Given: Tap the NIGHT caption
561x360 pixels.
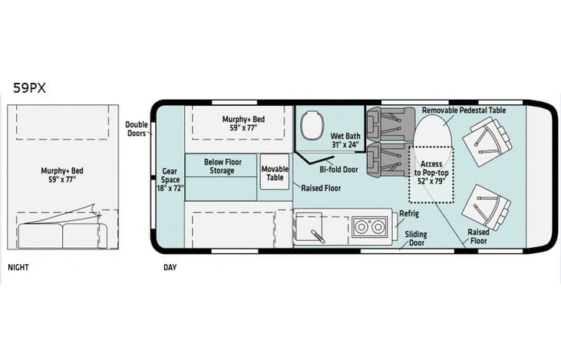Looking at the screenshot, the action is [x=18, y=267].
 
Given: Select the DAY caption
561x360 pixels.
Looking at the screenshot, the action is [x=170, y=267].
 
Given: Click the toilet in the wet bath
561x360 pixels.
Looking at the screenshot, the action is [x=312, y=125].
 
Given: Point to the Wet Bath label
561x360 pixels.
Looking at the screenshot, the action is [x=345, y=140].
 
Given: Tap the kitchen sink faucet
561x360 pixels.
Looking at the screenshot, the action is [x=318, y=236].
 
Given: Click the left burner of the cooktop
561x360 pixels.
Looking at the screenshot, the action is [x=361, y=227].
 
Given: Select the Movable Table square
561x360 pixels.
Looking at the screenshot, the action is [x=275, y=172].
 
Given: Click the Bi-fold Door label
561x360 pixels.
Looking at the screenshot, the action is [x=338, y=170].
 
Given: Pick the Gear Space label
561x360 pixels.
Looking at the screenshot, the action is [x=170, y=180].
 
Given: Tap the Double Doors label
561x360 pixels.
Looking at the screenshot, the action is [x=137, y=129].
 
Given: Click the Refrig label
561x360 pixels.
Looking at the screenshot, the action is [x=409, y=213].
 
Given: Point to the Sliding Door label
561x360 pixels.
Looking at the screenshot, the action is [x=416, y=238].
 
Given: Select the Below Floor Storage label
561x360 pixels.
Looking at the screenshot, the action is [x=223, y=167].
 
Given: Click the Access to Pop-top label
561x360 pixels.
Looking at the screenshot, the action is [x=431, y=173].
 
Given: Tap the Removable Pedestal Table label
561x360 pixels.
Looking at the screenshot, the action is [x=464, y=111].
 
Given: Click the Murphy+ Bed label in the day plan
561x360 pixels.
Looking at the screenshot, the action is [x=243, y=123].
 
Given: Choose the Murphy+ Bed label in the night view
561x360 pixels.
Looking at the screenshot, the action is [x=62, y=175].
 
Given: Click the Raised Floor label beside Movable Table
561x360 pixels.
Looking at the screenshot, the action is [x=321, y=188].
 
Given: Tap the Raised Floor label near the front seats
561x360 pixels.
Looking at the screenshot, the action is [x=478, y=236].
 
